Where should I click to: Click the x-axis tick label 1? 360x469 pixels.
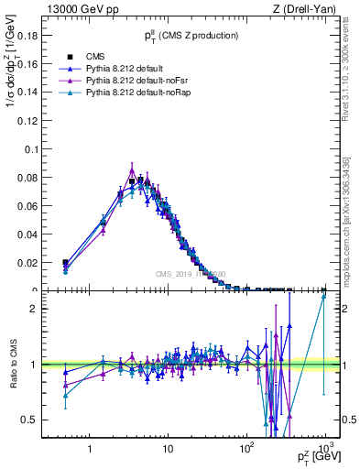(x=90, y=449)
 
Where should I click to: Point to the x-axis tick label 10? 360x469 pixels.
(x=168, y=449)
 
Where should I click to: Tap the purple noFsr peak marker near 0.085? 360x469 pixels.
(x=132, y=170)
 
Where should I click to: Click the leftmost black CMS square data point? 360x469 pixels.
(x=65, y=262)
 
